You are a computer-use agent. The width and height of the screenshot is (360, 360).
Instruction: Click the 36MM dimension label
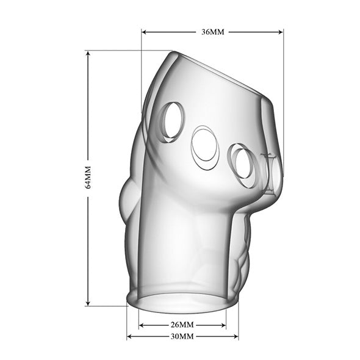212,32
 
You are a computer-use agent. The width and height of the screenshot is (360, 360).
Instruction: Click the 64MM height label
88,177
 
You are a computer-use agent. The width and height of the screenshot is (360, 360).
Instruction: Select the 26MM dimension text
182,325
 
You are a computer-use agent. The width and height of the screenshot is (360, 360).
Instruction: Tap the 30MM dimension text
182,336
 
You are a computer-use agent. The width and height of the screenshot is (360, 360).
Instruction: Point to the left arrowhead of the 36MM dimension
145,32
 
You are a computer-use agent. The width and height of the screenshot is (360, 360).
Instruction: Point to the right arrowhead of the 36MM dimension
280,32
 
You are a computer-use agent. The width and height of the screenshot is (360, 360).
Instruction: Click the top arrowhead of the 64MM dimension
88,54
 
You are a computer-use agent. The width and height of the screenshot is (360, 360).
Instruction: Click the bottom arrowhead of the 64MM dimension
88,303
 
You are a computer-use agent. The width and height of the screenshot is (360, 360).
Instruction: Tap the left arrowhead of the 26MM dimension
142,325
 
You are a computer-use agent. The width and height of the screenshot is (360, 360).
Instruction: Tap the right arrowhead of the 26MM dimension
223,325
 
